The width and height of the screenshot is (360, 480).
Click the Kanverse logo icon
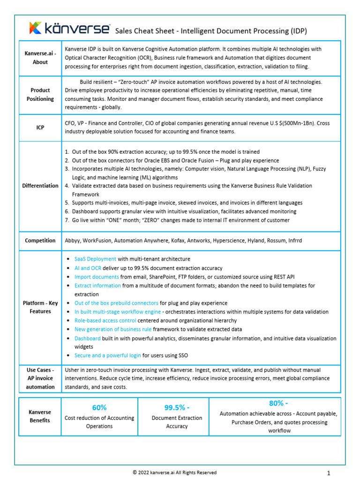[36, 28]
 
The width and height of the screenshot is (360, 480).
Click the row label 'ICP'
[40, 127]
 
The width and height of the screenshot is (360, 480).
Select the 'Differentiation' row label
[40, 186]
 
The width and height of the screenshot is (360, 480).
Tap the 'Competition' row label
[40, 240]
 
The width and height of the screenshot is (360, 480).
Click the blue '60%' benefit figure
[99, 407]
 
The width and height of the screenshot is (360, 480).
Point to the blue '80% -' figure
[279, 403]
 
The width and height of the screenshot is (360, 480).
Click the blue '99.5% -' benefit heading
[177, 407]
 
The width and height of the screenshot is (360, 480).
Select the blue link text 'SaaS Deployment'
[95, 259]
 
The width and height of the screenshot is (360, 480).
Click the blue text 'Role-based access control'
[105, 321]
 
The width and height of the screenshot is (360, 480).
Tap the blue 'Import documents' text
[97, 277]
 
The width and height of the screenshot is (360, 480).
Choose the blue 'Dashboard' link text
[87, 338]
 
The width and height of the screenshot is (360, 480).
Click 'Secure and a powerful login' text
[107, 355]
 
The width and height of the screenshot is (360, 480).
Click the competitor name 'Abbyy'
[73, 240]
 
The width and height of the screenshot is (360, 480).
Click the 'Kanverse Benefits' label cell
[40, 416]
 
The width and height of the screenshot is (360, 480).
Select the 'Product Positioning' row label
[40, 95]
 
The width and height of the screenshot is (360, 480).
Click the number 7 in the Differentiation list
[67, 220]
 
